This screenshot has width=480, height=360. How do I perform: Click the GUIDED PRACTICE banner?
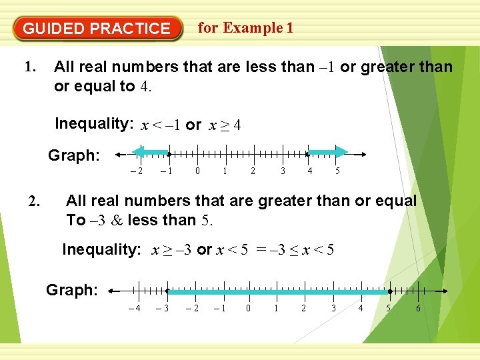coord(97,29)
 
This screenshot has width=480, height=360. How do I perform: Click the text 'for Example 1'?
coord(245,28)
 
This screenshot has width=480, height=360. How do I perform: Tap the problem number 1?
coord(29,67)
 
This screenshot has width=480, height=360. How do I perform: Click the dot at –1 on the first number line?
coord(169,154)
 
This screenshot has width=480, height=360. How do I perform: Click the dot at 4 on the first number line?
coord(308,154)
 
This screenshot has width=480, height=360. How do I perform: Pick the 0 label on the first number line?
coord(197,171)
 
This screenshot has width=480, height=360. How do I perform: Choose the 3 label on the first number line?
coord(282,171)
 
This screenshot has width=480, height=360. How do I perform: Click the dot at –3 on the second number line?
coord(167,291)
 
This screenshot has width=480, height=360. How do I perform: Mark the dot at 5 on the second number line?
coord(389,291)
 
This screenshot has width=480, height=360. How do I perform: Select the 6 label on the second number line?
coord(418,307)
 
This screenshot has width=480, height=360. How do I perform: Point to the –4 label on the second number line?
coord(135,307)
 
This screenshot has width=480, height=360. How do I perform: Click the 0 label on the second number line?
coord(248,307)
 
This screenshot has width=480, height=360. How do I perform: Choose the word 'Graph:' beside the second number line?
coord(72,290)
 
